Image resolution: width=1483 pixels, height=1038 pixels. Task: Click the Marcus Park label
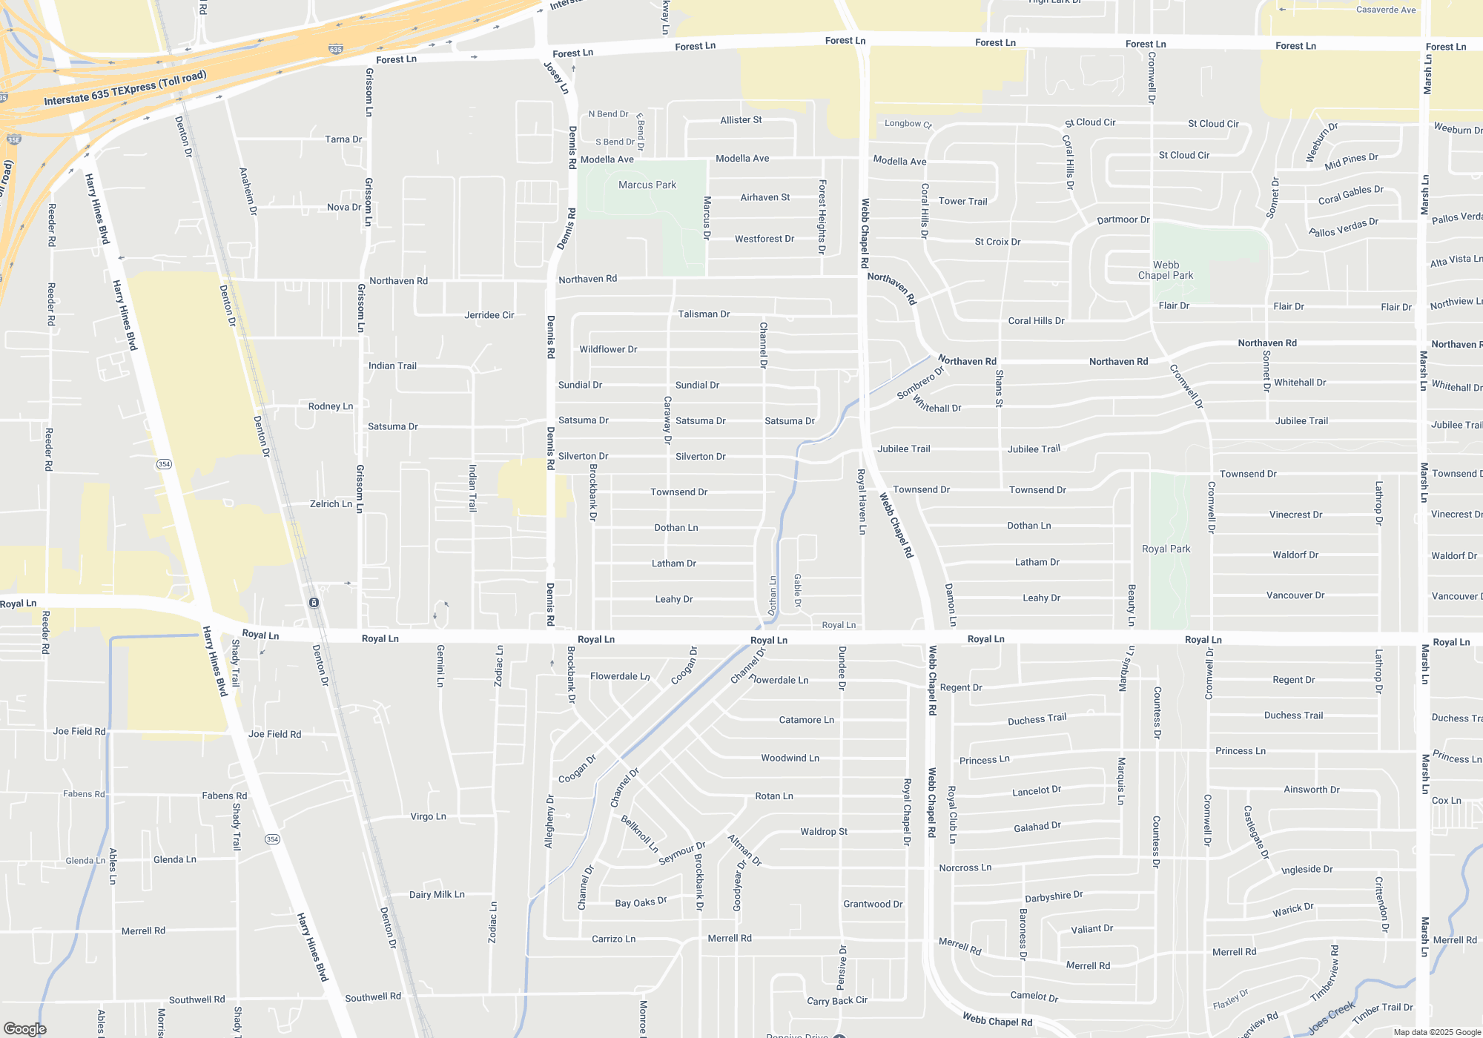coord(647,185)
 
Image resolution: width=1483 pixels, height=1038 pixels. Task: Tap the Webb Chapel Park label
coord(1166,270)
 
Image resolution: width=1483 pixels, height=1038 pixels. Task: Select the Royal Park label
coord(1166,549)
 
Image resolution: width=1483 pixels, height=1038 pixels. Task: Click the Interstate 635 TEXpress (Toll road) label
coord(125,88)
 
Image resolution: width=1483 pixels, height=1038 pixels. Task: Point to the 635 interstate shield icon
coord(336,50)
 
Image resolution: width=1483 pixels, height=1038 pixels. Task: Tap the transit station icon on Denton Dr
coord(314,603)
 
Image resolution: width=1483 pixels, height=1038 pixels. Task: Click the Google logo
coord(24,1028)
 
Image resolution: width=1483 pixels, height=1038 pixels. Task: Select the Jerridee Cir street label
coord(489,315)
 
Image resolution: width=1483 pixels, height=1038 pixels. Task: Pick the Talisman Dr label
coord(704,314)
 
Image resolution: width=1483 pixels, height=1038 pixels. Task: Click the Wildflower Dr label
coord(608,349)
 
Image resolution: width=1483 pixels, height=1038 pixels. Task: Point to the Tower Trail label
coord(962,201)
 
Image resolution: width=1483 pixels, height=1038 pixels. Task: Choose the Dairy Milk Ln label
coord(437,894)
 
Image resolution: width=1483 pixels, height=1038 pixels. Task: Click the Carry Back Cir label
coord(836,1000)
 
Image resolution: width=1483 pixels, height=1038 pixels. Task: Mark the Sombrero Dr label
coord(920,383)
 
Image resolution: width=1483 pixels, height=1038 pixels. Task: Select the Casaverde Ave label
coord(1385,10)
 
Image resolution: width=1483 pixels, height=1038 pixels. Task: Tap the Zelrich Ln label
coord(331,503)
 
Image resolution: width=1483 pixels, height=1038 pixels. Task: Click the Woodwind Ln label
coord(790,758)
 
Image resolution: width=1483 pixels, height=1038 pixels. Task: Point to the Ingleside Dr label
coord(1307,869)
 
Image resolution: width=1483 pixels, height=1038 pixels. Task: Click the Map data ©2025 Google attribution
coord(1436,1032)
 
